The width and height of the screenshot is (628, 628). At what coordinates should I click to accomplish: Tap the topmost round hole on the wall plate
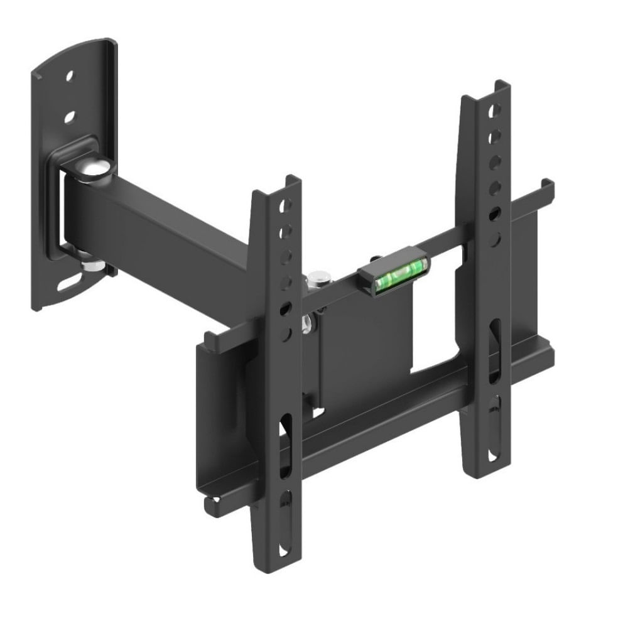70,75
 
